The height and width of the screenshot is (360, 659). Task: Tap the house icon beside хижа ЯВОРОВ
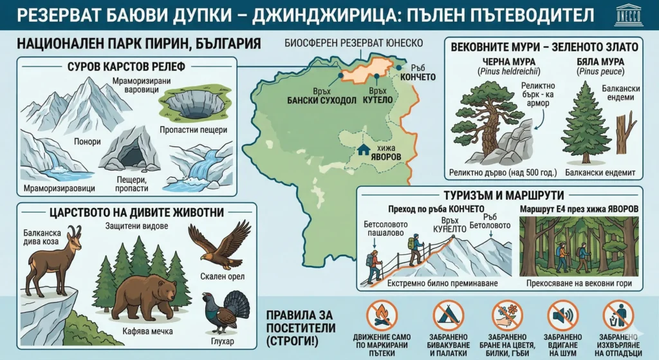pyautogui.click(x=365, y=149)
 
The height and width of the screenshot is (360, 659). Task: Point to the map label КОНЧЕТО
pyautogui.click(x=417, y=77)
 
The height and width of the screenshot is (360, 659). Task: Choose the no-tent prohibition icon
pyautogui.click(x=448, y=316)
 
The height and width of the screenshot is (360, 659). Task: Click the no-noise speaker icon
pyautogui.click(x=563, y=316)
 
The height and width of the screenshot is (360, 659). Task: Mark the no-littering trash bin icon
pyautogui.click(x=618, y=316)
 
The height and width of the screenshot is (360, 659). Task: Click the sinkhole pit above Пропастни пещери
pyautogui.click(x=189, y=104)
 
